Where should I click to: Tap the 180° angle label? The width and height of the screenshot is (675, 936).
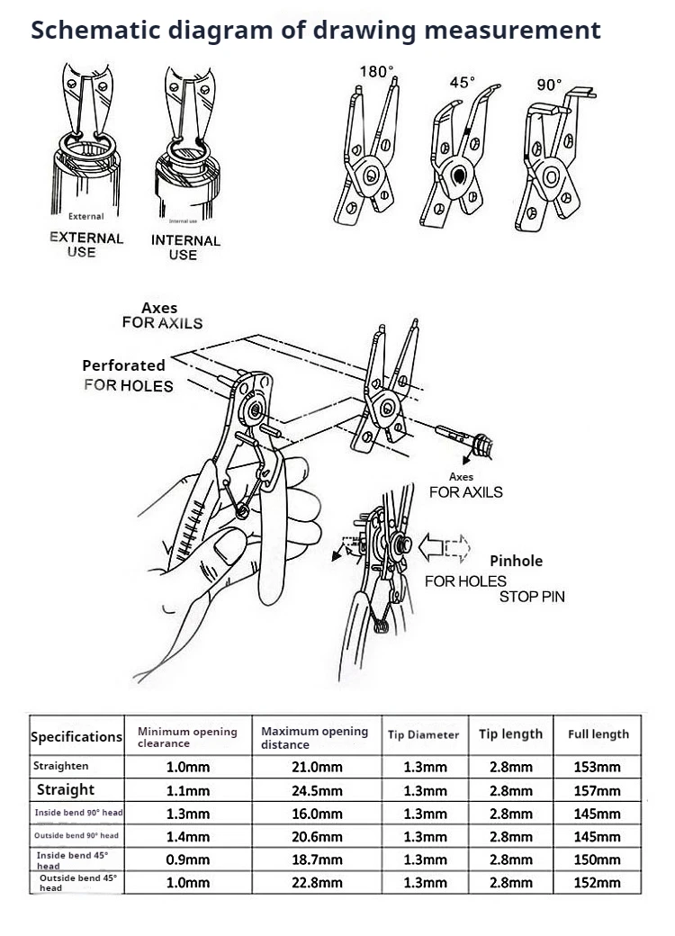pyautogui.click(x=377, y=72)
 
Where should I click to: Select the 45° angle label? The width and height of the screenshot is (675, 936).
pyautogui.click(x=462, y=83)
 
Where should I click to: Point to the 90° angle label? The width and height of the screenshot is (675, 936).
pyautogui.click(x=549, y=85)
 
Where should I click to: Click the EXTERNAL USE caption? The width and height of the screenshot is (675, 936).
pyautogui.click(x=85, y=245)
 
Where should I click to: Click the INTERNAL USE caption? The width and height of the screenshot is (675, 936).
pyautogui.click(x=184, y=247)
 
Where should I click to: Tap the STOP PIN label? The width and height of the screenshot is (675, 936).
pyautogui.click(x=532, y=597)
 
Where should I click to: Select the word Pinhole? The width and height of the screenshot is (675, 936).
pyautogui.click(x=516, y=561)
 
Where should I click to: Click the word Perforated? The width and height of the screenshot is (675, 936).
pyautogui.click(x=123, y=365)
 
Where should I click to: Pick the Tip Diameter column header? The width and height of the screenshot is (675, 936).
pyautogui.click(x=423, y=735)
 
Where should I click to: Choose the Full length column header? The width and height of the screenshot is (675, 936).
pyautogui.click(x=598, y=734)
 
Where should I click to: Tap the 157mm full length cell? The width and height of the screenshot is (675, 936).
pyautogui.click(x=598, y=791)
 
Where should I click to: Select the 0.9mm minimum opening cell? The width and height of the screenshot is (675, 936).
pyautogui.click(x=188, y=859)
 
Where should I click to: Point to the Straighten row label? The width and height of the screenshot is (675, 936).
pyautogui.click(x=61, y=766)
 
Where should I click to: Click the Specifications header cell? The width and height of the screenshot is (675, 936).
pyautogui.click(x=76, y=736)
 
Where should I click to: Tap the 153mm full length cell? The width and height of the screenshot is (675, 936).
pyautogui.click(x=598, y=768)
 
